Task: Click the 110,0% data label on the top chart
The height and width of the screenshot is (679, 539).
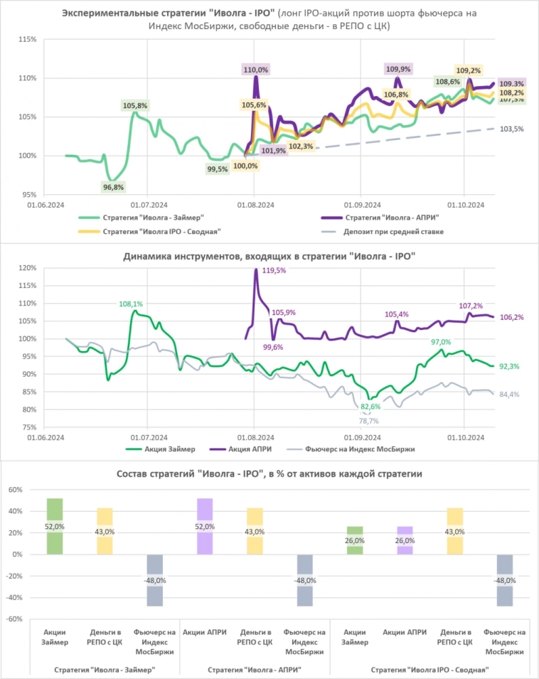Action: (x=255, y=70)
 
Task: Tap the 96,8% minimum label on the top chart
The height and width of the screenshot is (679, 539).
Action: (x=113, y=187)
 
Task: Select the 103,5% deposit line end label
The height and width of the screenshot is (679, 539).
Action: (x=512, y=129)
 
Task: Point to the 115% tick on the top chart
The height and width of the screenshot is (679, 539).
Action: (x=27, y=39)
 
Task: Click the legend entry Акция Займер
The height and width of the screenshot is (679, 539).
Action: (x=159, y=449)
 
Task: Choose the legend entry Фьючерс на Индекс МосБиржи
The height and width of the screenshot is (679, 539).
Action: (x=353, y=449)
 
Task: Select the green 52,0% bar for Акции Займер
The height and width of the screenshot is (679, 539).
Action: (x=55, y=526)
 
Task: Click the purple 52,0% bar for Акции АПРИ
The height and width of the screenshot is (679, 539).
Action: (x=204, y=526)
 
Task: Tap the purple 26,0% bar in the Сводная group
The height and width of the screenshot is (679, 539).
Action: (x=404, y=540)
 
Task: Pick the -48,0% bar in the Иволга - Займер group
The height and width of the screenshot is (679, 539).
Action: (x=154, y=580)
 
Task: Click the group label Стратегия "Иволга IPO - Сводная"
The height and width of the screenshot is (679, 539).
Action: (x=432, y=669)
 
